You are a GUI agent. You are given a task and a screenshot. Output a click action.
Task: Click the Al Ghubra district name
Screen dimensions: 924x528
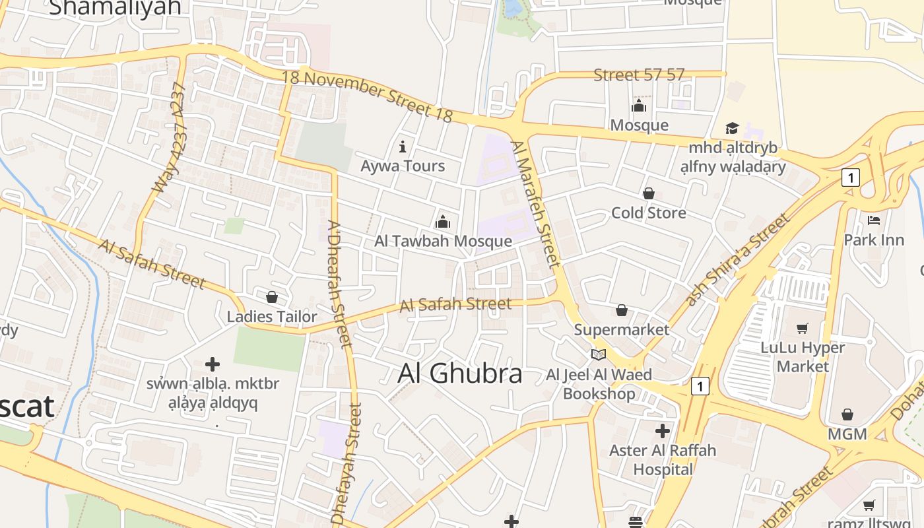tap(459, 374)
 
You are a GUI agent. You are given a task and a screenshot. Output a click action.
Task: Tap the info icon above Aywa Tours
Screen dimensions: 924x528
tap(403, 147)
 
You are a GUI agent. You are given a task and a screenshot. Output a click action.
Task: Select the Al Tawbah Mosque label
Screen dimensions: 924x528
tap(443, 241)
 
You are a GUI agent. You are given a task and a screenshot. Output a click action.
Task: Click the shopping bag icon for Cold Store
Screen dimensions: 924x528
tap(649, 193)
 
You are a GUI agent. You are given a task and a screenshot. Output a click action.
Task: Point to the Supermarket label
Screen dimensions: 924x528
tap(621, 329)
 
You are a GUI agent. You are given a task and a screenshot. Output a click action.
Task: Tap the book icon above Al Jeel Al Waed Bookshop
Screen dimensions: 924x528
tap(599, 355)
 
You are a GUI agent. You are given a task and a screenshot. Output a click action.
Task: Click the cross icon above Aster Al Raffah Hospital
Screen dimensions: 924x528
tap(663, 431)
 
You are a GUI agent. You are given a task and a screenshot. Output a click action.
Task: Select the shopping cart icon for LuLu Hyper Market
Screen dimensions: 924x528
tap(803, 328)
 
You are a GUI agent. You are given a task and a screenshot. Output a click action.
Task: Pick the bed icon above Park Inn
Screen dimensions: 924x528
tap(874, 220)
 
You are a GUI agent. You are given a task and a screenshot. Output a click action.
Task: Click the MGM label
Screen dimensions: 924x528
tap(847, 434)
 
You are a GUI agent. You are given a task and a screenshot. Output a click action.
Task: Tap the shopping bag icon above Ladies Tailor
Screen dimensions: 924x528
tap(271, 298)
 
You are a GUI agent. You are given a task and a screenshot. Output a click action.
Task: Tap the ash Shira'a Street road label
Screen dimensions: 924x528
tap(737, 259)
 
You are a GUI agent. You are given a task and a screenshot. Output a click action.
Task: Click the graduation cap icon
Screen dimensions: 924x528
tap(732, 127)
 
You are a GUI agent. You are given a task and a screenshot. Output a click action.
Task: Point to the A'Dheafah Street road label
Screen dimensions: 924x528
tap(340, 284)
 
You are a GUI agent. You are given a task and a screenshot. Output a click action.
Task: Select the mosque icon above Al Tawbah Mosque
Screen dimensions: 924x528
tap(443, 221)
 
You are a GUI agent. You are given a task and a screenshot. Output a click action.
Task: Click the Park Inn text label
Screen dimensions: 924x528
tap(874, 240)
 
